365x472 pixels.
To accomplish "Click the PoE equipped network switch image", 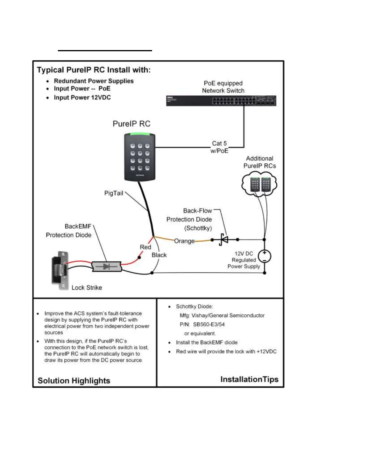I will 221,101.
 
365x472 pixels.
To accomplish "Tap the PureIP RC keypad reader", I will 140,157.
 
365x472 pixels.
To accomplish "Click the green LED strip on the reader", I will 140,136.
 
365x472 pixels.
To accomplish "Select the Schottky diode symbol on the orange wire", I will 224,239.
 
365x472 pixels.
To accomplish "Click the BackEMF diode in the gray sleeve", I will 106,266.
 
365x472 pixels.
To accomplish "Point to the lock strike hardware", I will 61,270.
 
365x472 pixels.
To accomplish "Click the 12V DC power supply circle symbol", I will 264,256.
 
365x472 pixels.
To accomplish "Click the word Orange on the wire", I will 184,241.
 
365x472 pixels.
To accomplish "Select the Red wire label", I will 146,247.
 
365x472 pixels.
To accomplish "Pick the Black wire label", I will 159,255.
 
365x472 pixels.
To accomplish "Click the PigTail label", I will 114,193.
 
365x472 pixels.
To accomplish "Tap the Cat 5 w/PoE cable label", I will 219,147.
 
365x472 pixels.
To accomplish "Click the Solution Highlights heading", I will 74,381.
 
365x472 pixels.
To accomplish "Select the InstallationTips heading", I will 249,379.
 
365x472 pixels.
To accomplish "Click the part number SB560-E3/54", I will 209,324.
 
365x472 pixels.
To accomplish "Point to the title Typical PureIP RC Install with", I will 94,70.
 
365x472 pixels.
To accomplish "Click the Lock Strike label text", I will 87,288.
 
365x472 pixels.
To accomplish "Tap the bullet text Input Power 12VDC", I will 82,97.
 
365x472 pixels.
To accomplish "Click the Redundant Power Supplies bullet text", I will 94,81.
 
